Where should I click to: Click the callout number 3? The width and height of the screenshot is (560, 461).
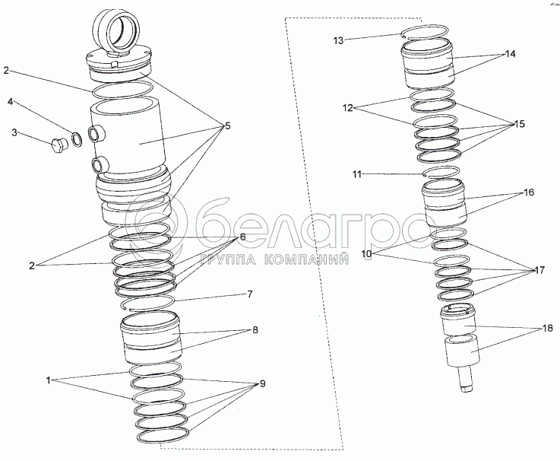tap(14, 132)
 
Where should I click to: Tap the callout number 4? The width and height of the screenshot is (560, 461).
tap(11, 102)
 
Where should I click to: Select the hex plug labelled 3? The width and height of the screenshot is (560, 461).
tap(59, 146)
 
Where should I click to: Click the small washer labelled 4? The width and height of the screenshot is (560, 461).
tap(77, 139)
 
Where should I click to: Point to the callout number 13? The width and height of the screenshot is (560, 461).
tap(338, 41)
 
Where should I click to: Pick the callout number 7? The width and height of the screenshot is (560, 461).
tap(250, 294)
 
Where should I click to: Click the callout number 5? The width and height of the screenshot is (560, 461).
tap(227, 126)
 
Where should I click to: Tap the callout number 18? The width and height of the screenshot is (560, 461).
tap(547, 328)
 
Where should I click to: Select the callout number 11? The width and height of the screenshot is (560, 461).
tap(357, 174)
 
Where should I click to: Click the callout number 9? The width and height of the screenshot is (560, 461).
tap(262, 384)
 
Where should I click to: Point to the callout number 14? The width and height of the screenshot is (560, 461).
tap(511, 54)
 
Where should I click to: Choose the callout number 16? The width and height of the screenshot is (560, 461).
tap(529, 192)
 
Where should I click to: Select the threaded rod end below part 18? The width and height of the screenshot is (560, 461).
tap(466, 379)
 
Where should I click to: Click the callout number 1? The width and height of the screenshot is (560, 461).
tap(49, 380)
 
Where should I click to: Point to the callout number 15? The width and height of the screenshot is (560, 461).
tap(519, 124)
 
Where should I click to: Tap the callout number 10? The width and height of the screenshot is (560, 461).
tap(366, 254)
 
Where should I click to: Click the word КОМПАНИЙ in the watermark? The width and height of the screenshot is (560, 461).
tap(307, 260)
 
